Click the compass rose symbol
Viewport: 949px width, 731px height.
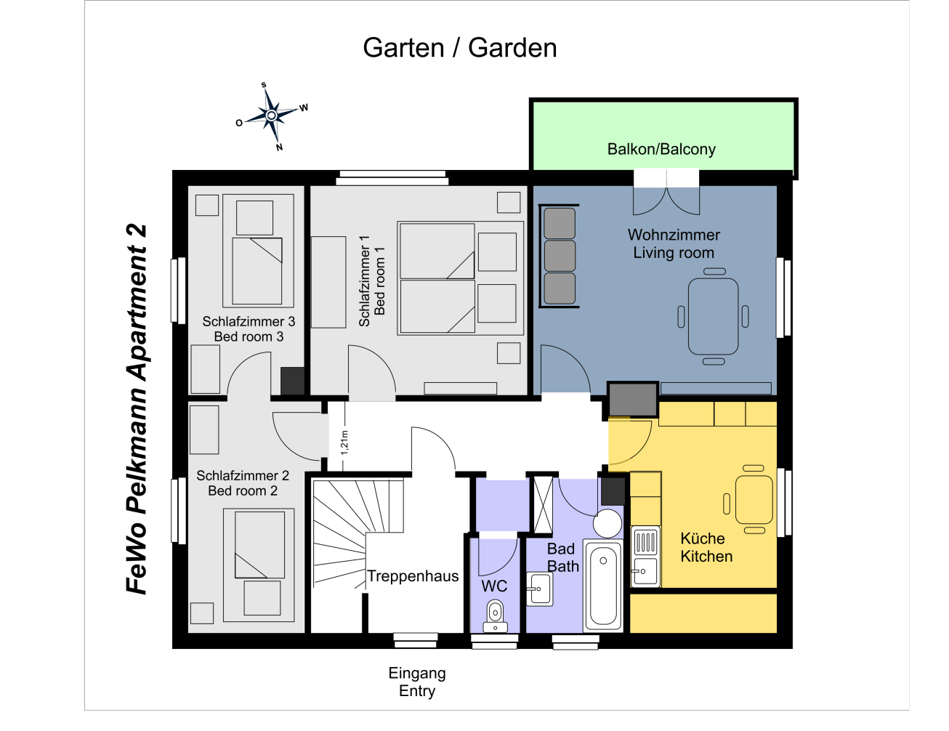click(x=272, y=116)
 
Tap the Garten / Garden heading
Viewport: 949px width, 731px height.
click(x=459, y=48)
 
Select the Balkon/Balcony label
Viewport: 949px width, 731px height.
click(x=661, y=150)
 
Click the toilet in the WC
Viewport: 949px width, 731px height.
click(x=495, y=615)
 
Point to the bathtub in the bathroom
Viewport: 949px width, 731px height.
click(x=603, y=586)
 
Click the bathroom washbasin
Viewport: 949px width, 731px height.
click(x=540, y=589)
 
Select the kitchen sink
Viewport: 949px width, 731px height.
click(x=645, y=557)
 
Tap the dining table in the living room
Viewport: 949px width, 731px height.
click(x=713, y=317)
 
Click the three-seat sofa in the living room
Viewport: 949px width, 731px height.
click(x=559, y=256)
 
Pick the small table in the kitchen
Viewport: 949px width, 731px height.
click(x=754, y=499)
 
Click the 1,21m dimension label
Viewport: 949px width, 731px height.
click(x=344, y=443)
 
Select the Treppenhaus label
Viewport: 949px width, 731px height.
click(x=413, y=576)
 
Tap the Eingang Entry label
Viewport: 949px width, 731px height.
click(x=417, y=682)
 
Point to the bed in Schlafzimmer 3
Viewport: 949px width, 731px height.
click(x=258, y=251)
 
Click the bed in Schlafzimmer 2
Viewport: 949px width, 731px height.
click(x=259, y=565)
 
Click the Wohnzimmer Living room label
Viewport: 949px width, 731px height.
click(x=674, y=243)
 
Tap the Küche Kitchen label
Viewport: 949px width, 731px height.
click(x=706, y=548)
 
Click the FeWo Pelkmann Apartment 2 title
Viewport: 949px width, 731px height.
click(x=137, y=409)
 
